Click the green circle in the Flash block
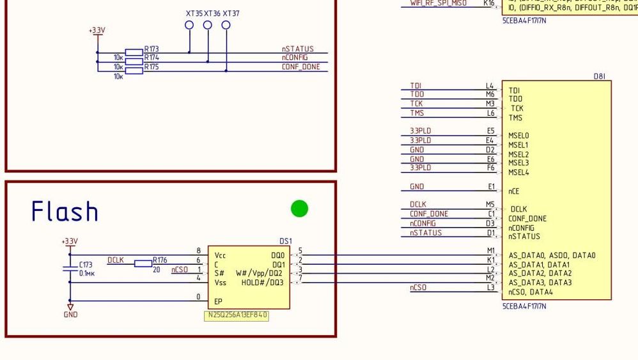(x=299, y=208)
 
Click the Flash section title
(x=65, y=212)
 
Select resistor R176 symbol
(x=143, y=263)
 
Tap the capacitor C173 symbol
(x=70, y=269)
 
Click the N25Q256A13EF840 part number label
(x=237, y=316)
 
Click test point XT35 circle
(x=189, y=25)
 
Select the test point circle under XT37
(x=226, y=25)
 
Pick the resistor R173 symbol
(x=134, y=52)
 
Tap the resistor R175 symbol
(x=134, y=70)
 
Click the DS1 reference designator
(x=286, y=242)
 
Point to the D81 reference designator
(x=599, y=77)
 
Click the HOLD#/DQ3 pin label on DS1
(x=262, y=283)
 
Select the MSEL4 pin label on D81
(x=518, y=173)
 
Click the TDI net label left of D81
(x=416, y=86)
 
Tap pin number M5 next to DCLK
(x=490, y=205)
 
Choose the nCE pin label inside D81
(x=514, y=191)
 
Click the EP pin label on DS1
(x=219, y=301)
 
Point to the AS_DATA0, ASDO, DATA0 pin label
(x=551, y=255)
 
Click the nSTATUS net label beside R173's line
(x=298, y=49)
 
